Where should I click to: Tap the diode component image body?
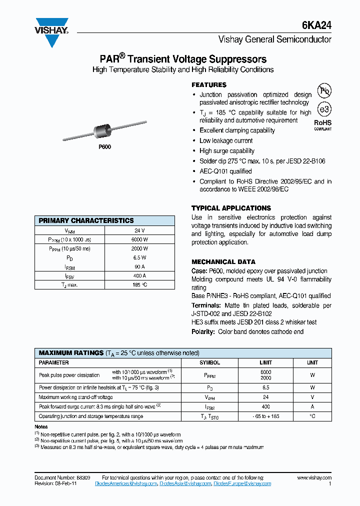102,132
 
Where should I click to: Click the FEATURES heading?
209,85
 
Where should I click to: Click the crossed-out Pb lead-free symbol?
325,90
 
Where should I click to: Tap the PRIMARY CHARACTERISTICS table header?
86,220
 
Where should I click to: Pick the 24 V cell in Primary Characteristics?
139,230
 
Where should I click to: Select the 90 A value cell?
139,266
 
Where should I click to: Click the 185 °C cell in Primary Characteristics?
139,284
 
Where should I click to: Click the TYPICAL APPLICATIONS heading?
231,208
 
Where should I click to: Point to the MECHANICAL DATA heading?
223,261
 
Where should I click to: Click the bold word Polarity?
203,331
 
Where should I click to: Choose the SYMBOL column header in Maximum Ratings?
209,362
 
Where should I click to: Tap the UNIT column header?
312,362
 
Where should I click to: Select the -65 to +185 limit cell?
265,416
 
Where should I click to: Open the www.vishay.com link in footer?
314,478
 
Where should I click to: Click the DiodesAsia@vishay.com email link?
184,483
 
